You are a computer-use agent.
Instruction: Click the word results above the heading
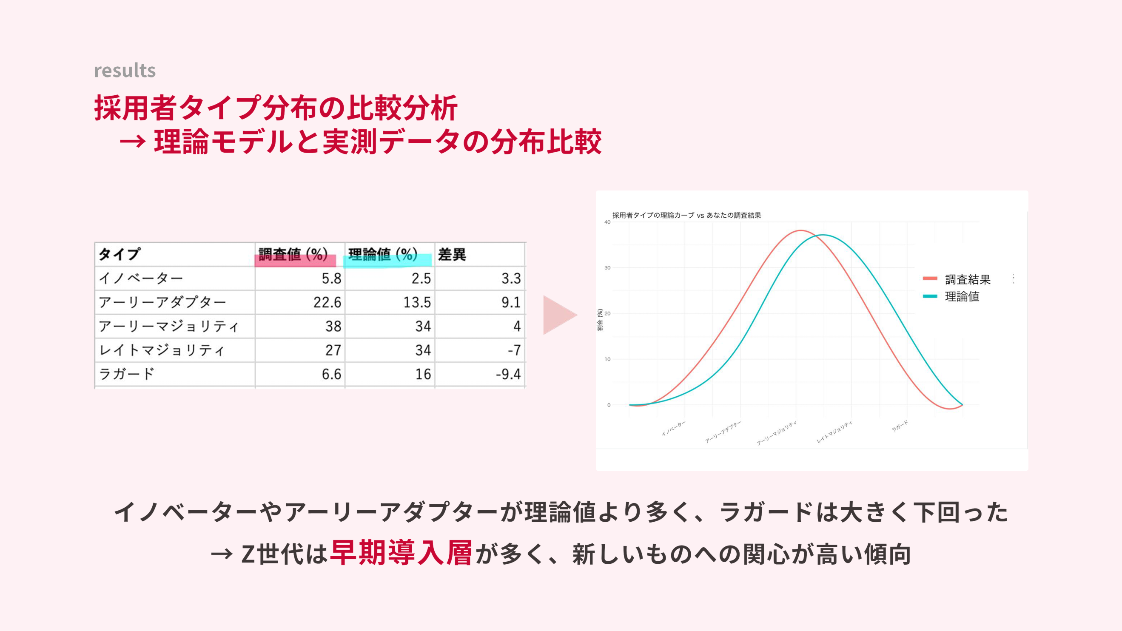(125, 70)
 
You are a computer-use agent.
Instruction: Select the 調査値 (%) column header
(293, 254)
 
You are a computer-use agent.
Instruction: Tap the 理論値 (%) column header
(383, 254)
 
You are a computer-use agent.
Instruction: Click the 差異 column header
(452, 254)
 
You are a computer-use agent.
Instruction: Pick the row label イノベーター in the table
(141, 278)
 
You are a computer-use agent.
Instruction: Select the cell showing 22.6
(327, 302)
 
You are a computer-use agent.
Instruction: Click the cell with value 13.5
(417, 302)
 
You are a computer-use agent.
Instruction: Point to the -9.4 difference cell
(508, 374)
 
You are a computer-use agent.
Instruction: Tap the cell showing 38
(333, 326)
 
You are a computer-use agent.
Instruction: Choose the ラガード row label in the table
(127, 374)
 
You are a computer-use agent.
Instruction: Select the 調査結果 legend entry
(957, 279)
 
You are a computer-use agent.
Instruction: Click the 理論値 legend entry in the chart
(951, 296)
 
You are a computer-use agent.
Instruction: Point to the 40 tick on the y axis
(607, 222)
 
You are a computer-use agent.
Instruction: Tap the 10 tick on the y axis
(607, 359)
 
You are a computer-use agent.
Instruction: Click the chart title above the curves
(686, 215)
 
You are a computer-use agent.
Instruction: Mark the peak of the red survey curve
(800, 230)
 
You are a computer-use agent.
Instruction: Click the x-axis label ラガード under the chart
(900, 426)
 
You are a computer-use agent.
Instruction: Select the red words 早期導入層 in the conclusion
(401, 553)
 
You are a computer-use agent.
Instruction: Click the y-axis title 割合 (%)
(600, 320)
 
